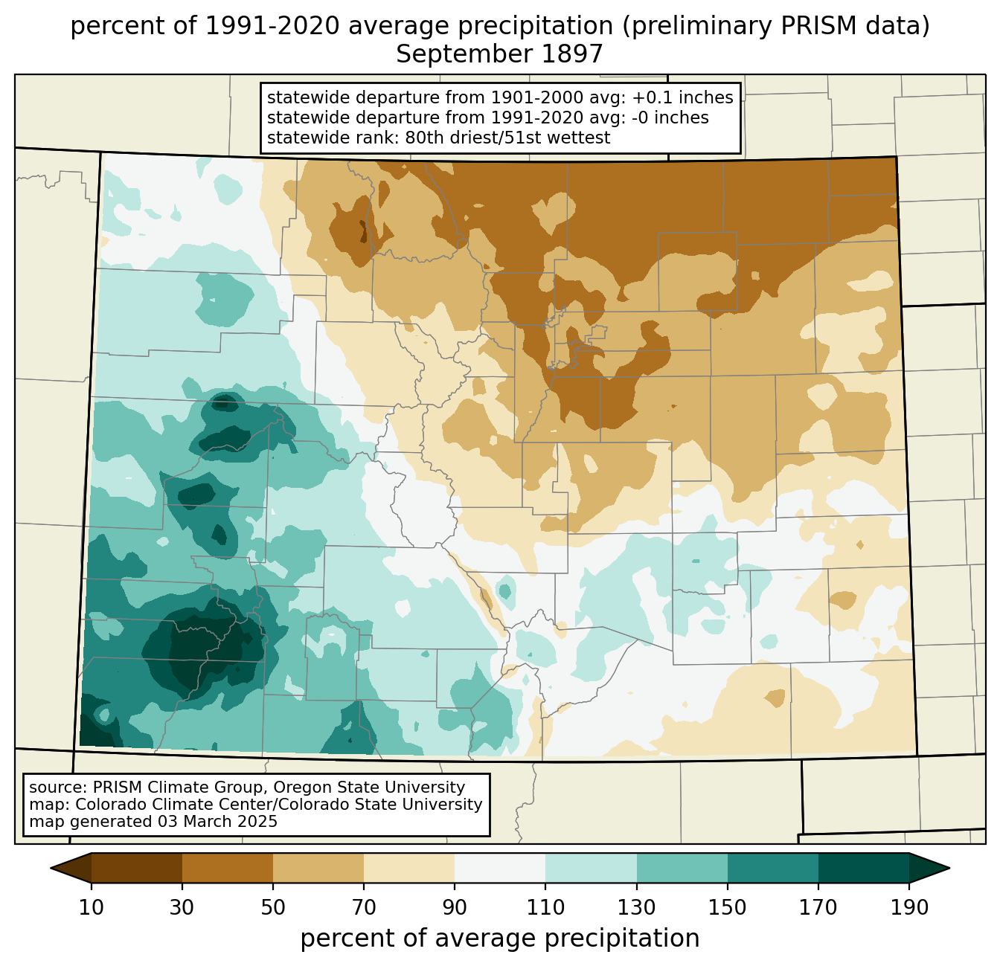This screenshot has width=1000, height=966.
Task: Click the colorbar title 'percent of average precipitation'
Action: pyautogui.click(x=499, y=938)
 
